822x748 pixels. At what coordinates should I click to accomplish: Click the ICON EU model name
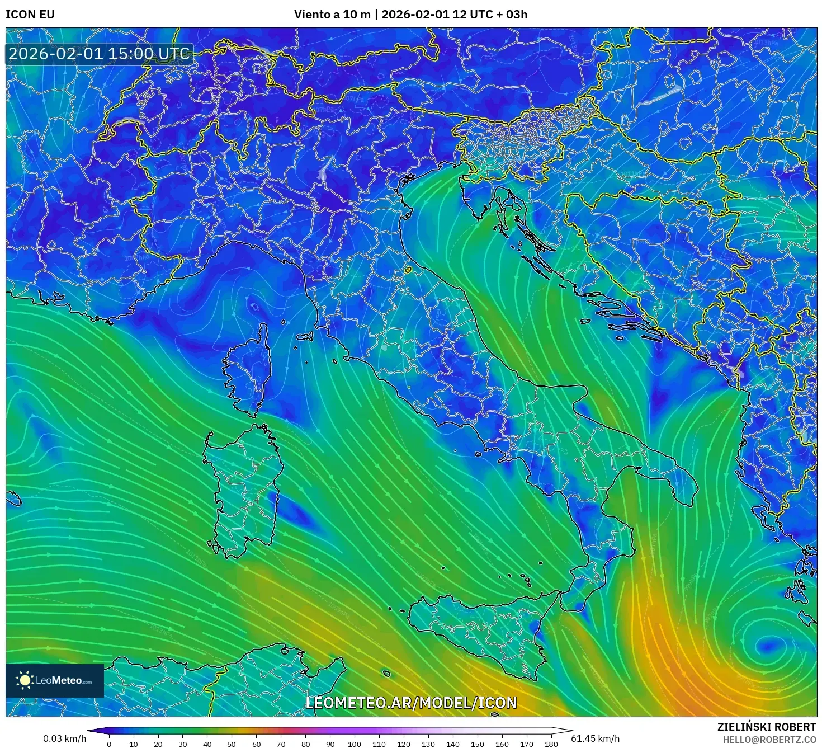pyautogui.click(x=30, y=15)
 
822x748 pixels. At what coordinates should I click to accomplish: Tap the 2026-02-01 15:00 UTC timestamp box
pyautogui.click(x=99, y=54)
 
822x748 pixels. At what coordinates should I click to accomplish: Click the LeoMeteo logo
pyautogui.click(x=55, y=680)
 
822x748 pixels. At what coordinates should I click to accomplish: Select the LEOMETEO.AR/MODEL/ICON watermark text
pyautogui.click(x=411, y=703)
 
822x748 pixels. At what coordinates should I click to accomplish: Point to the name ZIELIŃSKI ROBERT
pyautogui.click(x=767, y=727)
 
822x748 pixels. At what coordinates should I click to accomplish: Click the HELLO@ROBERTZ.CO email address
pyautogui.click(x=769, y=740)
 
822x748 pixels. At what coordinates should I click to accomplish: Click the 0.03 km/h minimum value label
pyautogui.click(x=65, y=738)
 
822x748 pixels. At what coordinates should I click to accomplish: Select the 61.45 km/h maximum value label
pyautogui.click(x=595, y=738)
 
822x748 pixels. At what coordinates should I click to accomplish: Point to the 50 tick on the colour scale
pyautogui.click(x=232, y=744)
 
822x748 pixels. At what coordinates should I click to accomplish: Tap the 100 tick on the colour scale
pyautogui.click(x=355, y=744)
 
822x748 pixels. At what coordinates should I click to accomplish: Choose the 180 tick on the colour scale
pyautogui.click(x=551, y=744)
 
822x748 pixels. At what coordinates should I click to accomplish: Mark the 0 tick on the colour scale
pyautogui.click(x=109, y=744)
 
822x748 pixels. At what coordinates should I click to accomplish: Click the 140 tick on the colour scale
pyautogui.click(x=453, y=744)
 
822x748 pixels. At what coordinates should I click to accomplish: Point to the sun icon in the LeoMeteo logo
pyautogui.click(x=25, y=680)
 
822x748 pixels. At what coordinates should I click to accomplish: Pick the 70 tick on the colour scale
pyautogui.click(x=281, y=744)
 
